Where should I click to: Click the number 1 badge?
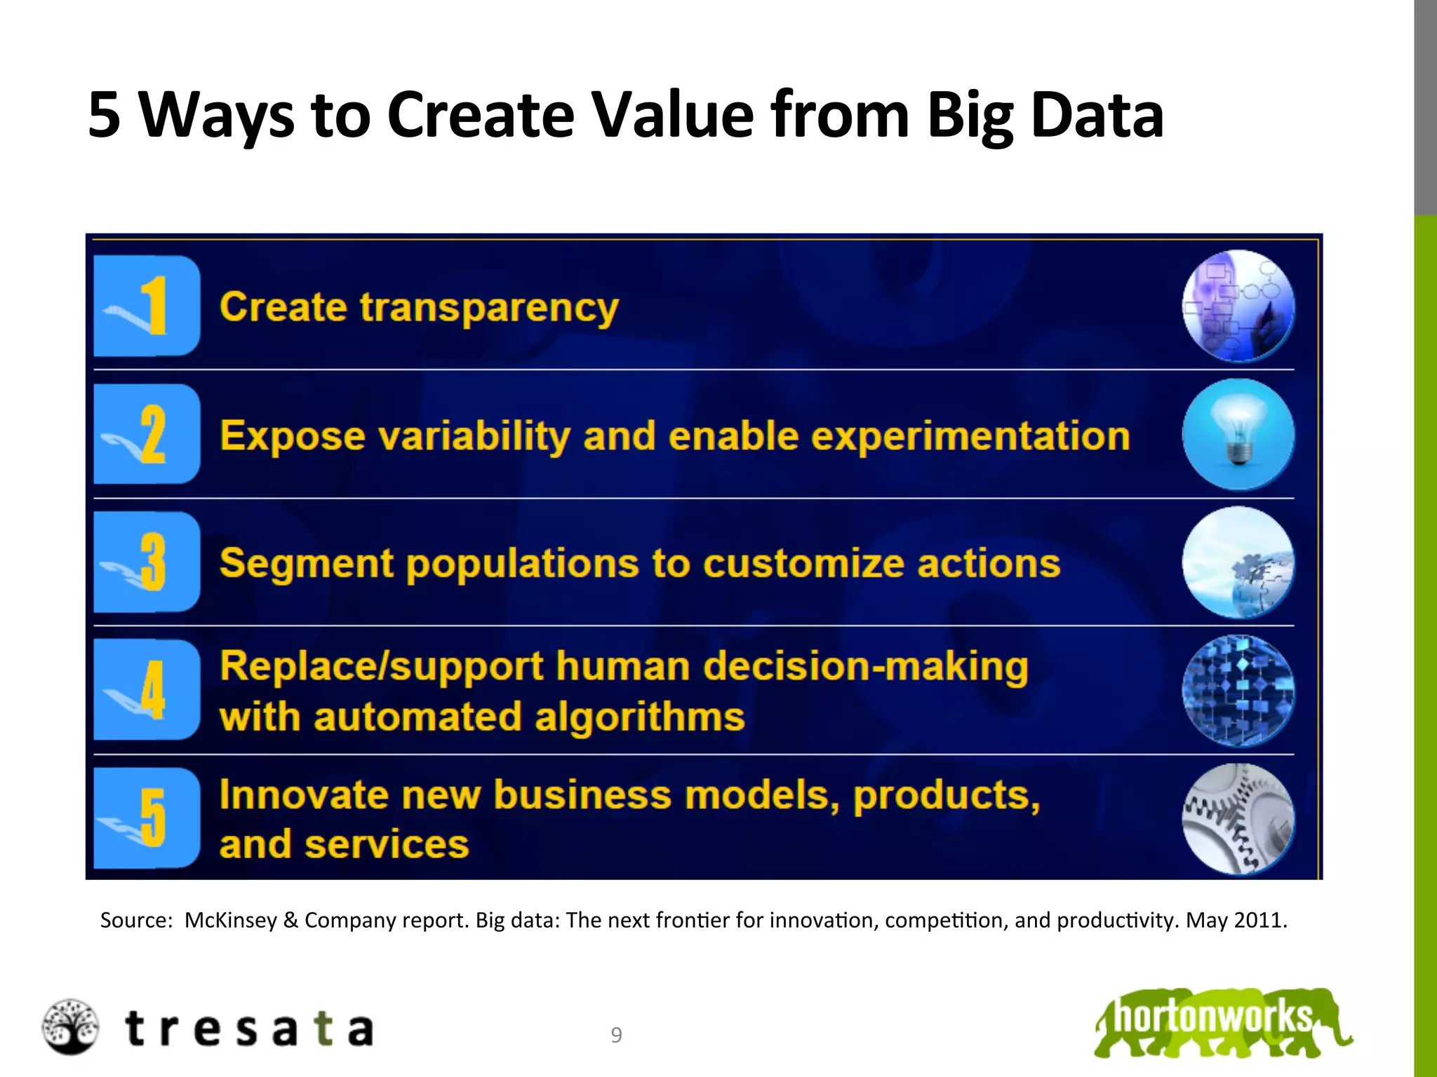click(147, 306)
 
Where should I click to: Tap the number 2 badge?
click(147, 434)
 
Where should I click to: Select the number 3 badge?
click(147, 562)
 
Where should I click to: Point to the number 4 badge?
click(147, 689)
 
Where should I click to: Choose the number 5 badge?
click(147, 818)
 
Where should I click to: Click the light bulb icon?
click(1238, 434)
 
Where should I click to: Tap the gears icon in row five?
click(1238, 819)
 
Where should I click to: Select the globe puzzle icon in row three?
click(1238, 562)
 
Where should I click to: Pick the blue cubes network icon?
click(1238, 691)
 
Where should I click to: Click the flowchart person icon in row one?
click(1238, 306)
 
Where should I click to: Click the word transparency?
click(489, 308)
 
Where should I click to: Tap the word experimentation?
click(970, 436)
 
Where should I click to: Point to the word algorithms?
click(639, 717)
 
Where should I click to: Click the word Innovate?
click(303, 795)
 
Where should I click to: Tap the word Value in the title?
click(672, 114)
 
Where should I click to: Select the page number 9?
click(616, 1035)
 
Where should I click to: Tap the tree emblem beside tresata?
click(69, 1027)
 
